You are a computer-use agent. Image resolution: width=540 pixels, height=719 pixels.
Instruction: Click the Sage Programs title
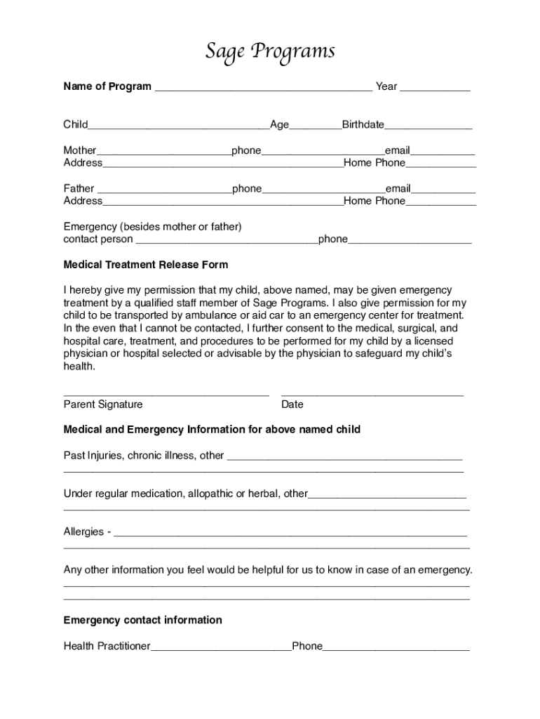270,52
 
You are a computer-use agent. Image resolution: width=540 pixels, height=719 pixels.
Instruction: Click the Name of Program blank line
263,88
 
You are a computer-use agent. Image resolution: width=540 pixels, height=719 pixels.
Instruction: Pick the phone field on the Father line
323,190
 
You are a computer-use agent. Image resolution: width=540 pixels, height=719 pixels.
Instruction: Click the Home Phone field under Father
441,203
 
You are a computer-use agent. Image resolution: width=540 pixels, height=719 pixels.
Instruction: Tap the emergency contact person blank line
226,241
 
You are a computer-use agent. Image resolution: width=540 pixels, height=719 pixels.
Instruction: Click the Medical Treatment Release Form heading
146,265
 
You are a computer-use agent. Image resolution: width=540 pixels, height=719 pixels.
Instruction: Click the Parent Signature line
166,394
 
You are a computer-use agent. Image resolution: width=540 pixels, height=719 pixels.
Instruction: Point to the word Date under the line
292,404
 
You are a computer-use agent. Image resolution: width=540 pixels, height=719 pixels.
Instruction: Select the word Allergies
83,532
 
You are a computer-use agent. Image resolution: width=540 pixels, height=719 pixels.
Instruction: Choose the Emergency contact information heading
142,620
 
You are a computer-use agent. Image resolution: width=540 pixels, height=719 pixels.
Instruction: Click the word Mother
80,150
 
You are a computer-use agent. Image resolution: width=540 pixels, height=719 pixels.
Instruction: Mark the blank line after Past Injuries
345,457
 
